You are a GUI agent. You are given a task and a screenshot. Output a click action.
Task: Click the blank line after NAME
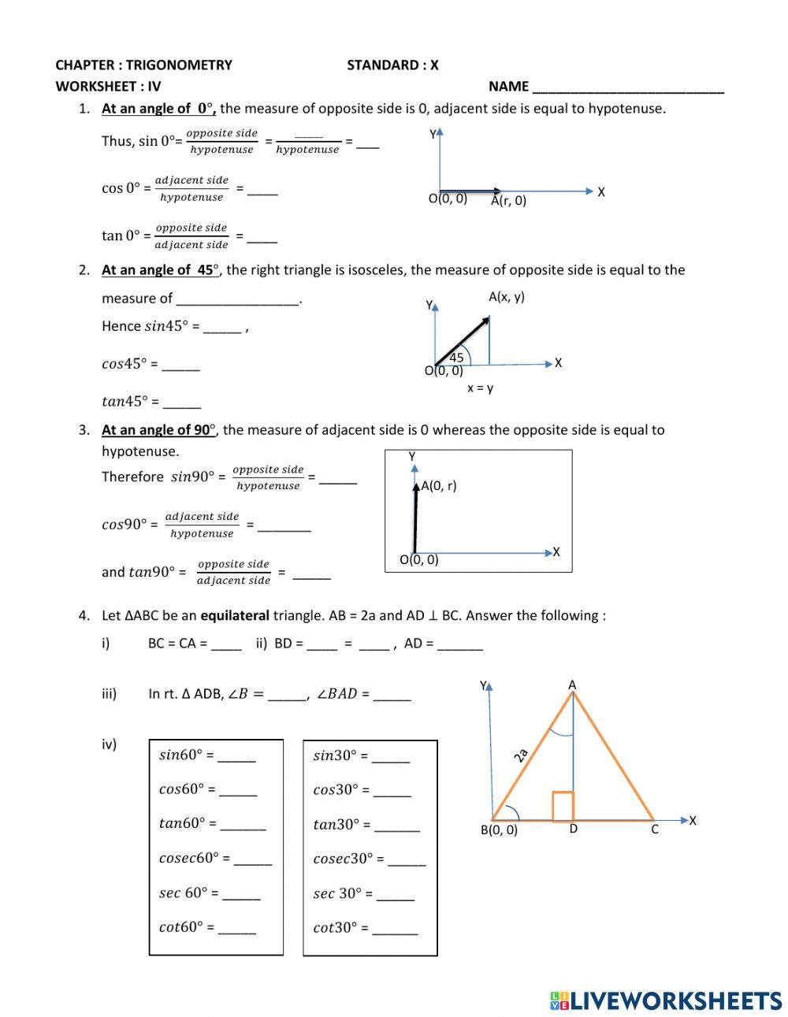point(628,88)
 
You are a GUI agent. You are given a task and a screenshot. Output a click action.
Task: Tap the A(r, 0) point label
point(508,201)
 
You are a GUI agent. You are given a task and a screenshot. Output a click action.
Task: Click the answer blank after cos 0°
point(262,190)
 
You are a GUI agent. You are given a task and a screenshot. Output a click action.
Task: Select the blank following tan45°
point(182,403)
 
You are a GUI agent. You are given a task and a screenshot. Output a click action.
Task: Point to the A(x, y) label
point(506,297)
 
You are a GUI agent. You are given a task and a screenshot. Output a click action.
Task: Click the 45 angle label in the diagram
point(456,358)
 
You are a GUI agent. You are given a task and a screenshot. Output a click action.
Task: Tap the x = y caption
point(480,388)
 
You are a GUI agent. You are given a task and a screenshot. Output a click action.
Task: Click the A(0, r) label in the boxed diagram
point(439,486)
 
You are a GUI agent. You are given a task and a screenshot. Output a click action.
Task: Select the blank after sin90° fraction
point(338,478)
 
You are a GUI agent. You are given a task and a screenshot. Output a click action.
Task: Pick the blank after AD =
point(459,645)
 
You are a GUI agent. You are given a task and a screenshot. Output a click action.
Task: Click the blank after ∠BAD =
point(392,696)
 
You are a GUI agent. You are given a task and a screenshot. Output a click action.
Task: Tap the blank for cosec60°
point(252,860)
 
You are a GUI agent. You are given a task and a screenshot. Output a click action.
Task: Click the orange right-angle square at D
point(563,807)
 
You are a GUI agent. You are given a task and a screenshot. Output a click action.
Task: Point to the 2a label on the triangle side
point(520,756)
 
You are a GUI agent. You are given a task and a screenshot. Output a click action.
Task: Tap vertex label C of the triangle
point(654,830)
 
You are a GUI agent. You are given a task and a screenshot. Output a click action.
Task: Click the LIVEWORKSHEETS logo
point(666,1000)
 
